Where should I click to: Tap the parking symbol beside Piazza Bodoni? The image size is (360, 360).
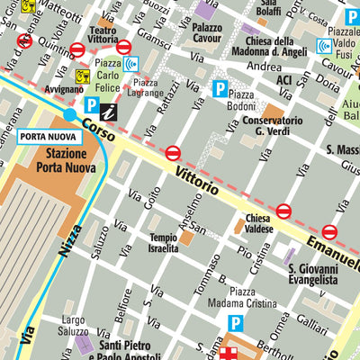(219, 88)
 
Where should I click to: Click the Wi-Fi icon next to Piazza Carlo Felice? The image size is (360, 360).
(131, 63)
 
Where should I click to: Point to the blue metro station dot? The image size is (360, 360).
(70, 114)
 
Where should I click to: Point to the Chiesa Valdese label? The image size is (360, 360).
(259, 224)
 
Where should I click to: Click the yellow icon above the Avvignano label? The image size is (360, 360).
(83, 76)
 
